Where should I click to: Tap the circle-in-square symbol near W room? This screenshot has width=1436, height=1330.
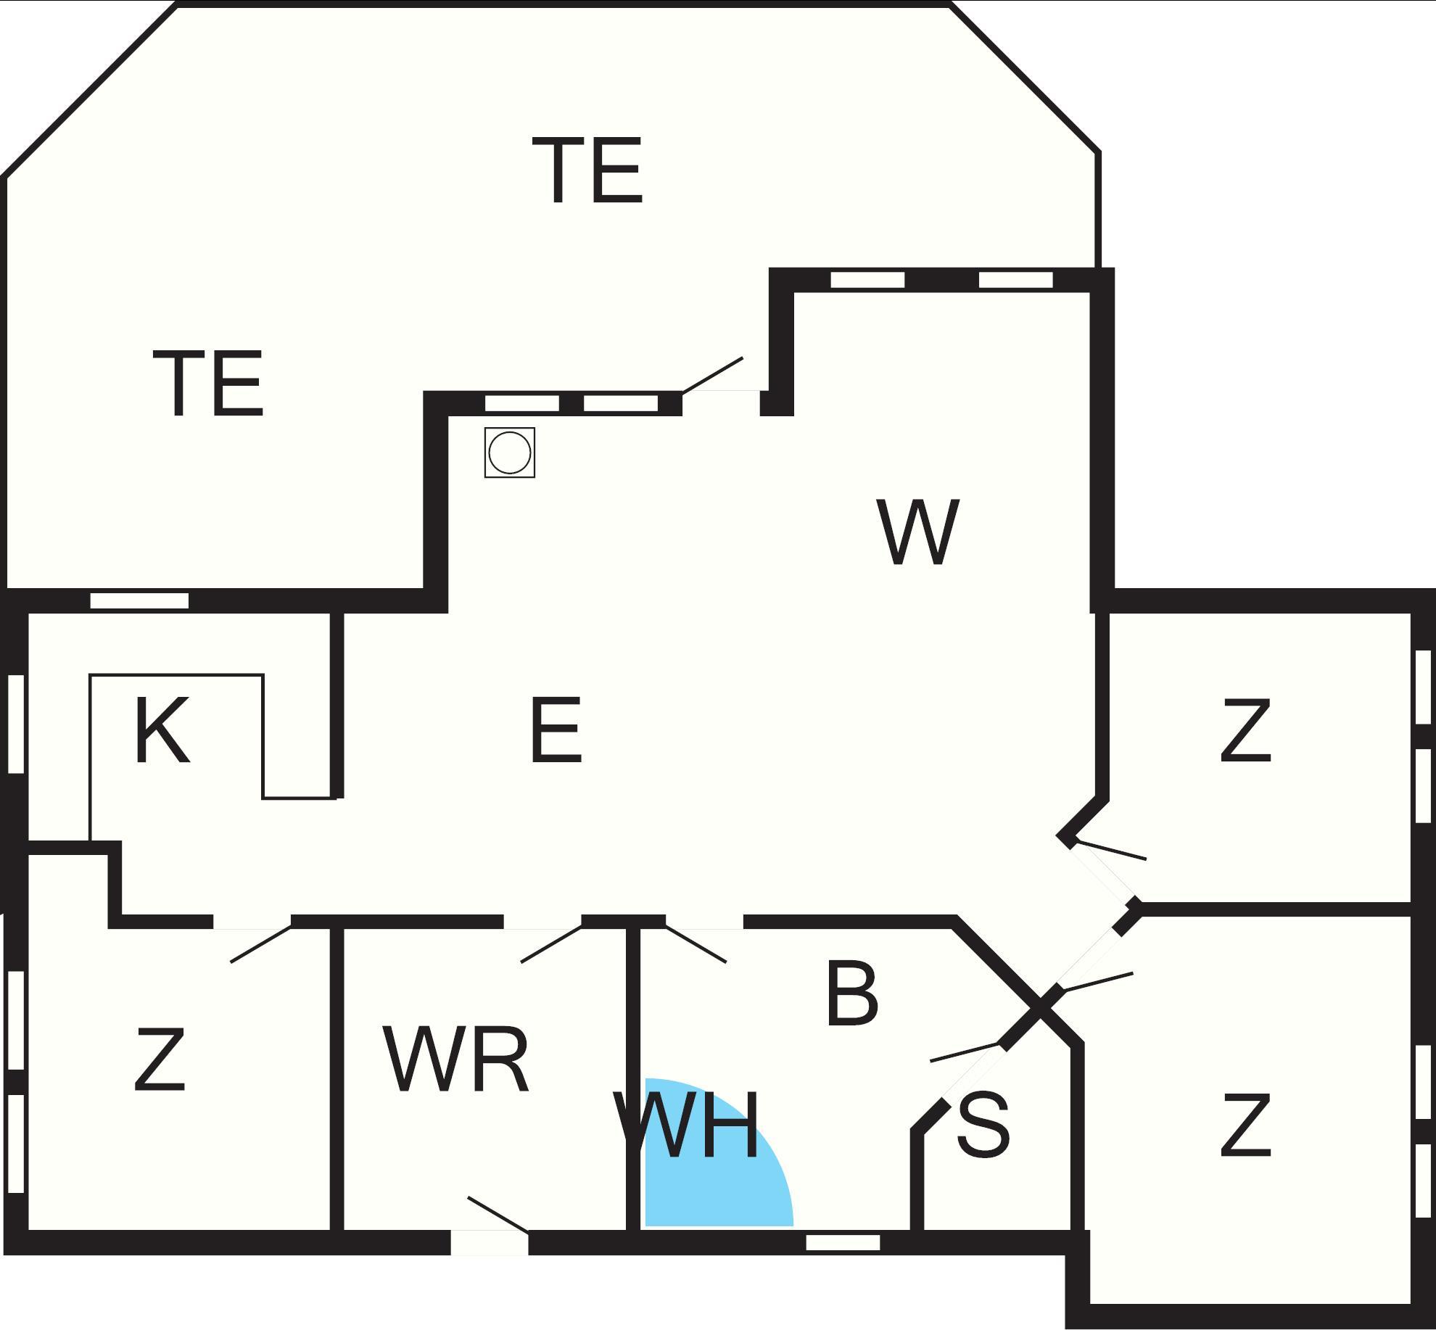pyautogui.click(x=510, y=453)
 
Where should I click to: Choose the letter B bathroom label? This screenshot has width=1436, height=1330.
pyautogui.click(x=852, y=994)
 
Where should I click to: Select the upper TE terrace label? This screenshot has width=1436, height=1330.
pyautogui.click(x=587, y=171)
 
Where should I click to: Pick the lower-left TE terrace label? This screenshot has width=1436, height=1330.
pyautogui.click(x=208, y=384)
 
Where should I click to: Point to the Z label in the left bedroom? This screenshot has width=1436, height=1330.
pyautogui.click(x=160, y=1060)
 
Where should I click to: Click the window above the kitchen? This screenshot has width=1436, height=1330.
pyautogui.click(x=139, y=600)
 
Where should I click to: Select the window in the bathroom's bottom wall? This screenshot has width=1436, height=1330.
pyautogui.click(x=843, y=1242)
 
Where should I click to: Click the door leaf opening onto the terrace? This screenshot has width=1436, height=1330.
pyautogui.click(x=713, y=375)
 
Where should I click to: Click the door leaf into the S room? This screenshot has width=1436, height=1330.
pyautogui.click(x=965, y=1052)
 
